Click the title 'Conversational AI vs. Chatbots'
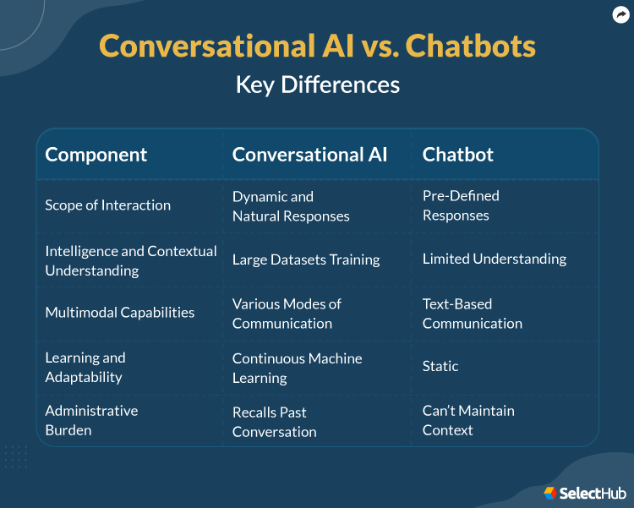[317, 46]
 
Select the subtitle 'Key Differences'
[317, 85]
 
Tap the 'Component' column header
[96, 155]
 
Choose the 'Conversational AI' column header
[309, 155]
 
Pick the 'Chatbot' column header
[457, 155]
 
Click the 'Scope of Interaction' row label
[107, 205]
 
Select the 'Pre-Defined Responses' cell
[461, 205]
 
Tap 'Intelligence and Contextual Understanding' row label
[130, 260]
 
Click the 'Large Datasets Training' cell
[305, 259]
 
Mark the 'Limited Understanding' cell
[494, 259]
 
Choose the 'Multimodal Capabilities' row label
[119, 313]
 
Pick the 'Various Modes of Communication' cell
[287, 314]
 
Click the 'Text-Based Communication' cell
[472, 314]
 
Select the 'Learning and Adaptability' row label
[85, 368]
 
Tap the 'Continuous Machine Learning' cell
[297, 368]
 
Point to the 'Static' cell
[440, 366]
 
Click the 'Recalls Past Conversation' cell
[274, 422]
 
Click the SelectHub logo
[579, 492]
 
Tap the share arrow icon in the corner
[620, 14]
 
